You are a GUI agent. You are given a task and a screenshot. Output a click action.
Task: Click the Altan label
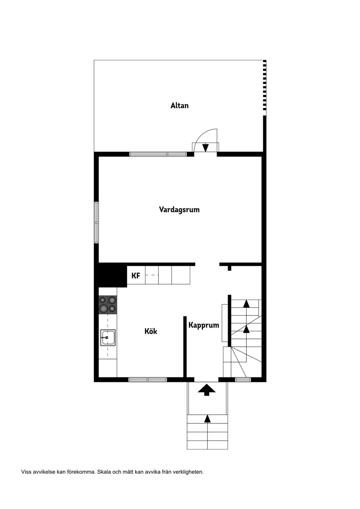pos(179,106)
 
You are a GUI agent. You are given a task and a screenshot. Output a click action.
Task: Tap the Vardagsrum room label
pos(179,210)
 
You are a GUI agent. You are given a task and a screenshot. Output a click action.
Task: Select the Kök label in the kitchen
pos(151,331)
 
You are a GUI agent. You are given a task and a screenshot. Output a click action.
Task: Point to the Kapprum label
pos(204,325)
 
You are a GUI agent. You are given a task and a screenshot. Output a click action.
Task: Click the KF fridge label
pos(136,276)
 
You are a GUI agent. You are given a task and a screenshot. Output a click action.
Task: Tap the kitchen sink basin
pos(108,338)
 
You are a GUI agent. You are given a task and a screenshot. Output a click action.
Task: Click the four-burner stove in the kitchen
pos(108,305)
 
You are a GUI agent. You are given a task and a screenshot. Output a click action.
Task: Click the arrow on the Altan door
pos(205,148)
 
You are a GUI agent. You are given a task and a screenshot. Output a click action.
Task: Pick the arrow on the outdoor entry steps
pos(207,418)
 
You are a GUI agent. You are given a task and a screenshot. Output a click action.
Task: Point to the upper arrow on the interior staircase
pos(246,304)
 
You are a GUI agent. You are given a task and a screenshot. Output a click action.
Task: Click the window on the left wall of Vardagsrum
pos(97,223)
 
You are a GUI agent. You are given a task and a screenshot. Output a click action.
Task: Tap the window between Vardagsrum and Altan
pos(158,154)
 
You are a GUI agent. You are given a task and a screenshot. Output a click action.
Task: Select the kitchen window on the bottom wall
pos(147,379)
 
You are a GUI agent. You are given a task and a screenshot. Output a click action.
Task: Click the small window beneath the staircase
pos(243,379)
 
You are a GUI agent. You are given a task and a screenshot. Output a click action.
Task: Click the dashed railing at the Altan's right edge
pos(264,88)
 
